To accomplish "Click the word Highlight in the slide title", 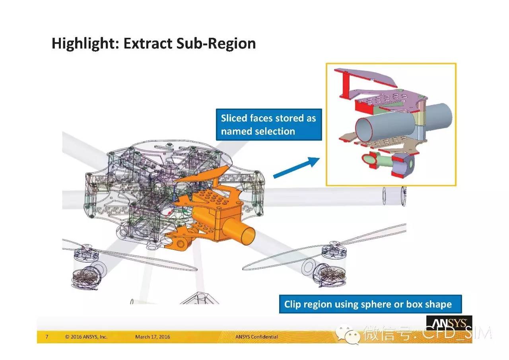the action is (85, 44).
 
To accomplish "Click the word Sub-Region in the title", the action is (216, 43).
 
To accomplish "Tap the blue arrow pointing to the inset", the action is (297, 167).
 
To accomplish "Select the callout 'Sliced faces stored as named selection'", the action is (269, 125).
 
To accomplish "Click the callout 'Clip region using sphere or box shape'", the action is (370, 304).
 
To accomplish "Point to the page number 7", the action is (47, 337).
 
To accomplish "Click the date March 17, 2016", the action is (152, 337).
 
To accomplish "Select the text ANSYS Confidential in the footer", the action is (256, 337).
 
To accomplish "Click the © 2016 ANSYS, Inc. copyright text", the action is (86, 337).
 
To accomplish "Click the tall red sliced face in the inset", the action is (344, 85).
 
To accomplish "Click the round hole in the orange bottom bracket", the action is (180, 244).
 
